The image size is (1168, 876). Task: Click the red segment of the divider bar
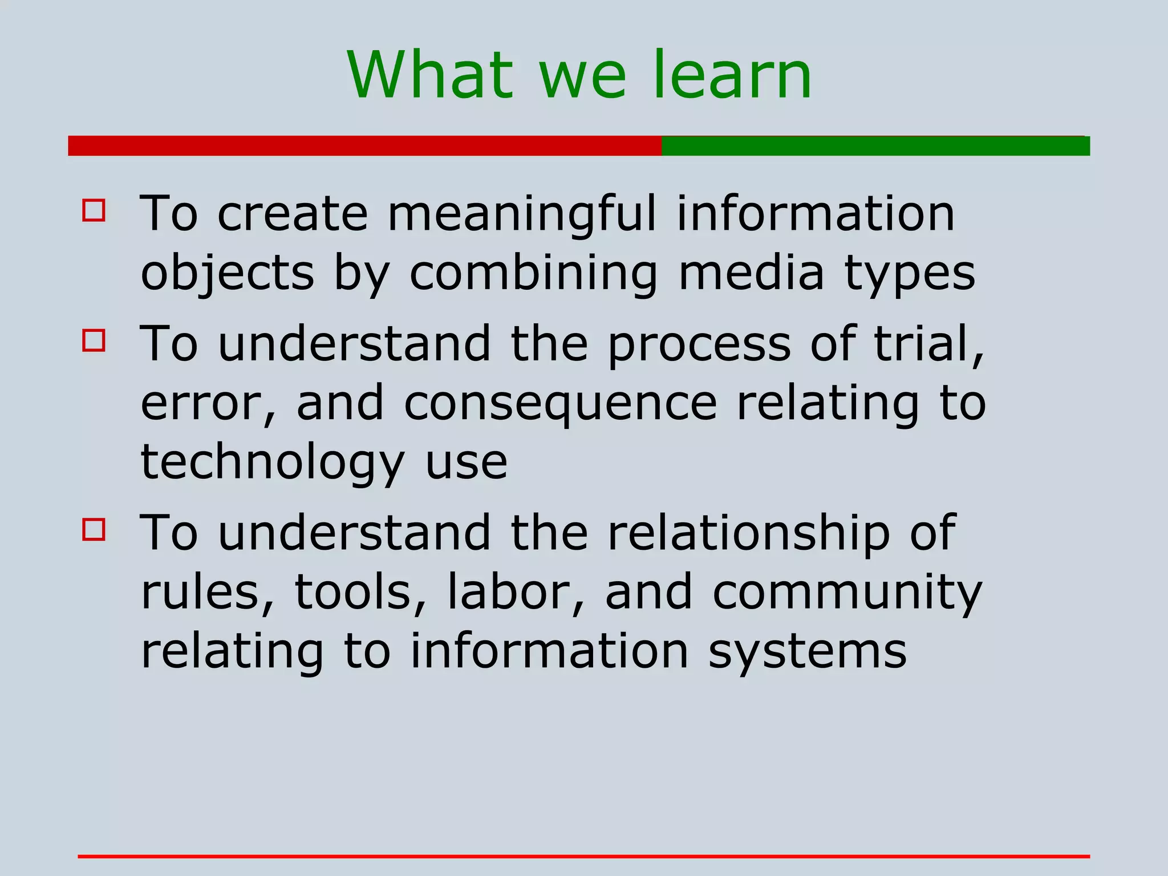[364, 146]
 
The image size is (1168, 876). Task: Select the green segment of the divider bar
[875, 146]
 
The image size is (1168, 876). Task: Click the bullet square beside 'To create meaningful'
[94, 210]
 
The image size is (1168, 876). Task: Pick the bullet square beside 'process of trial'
[94, 340]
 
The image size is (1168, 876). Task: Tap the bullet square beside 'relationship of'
[94, 529]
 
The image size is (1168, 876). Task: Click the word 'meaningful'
[522, 214]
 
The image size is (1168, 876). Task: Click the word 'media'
[751, 273]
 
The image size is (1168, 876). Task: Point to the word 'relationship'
[748, 534]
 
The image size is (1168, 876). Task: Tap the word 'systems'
[807, 652]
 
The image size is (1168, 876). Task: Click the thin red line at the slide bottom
[583, 856]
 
